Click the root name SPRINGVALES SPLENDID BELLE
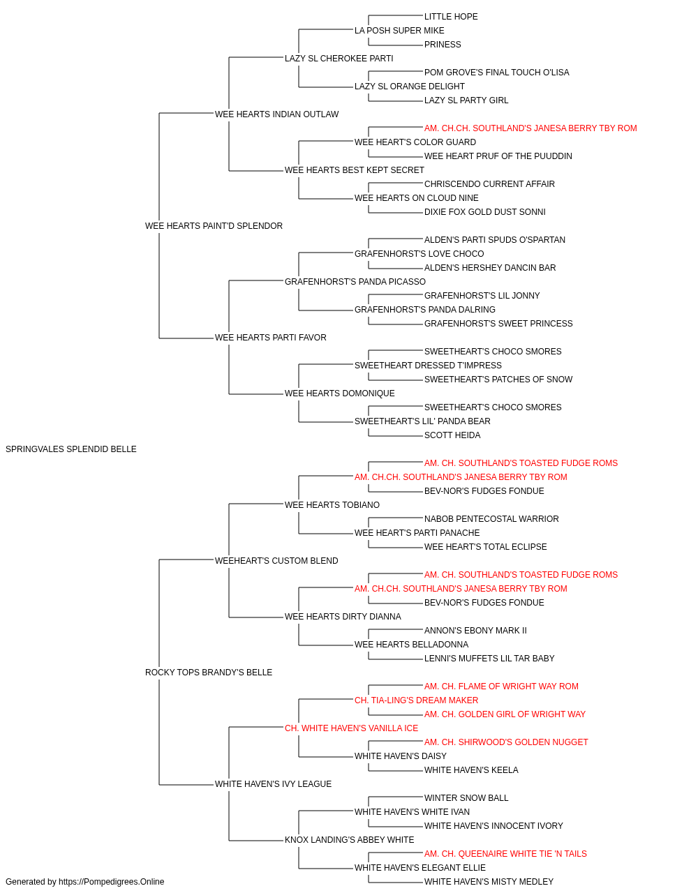(71, 449)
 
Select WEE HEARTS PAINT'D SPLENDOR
(214, 226)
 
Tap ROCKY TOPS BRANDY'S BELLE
(209, 673)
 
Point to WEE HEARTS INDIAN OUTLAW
(276, 114)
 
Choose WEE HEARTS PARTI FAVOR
(271, 338)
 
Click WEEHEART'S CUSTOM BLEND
(276, 560)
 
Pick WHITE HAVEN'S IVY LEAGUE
(273, 783)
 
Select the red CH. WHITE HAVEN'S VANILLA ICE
(351, 728)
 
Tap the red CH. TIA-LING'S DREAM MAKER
(416, 700)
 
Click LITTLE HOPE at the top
(451, 17)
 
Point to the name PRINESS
(443, 45)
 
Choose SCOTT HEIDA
(452, 435)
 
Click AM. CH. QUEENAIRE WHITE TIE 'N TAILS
(505, 853)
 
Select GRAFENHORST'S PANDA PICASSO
(355, 281)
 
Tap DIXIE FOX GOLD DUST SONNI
(484, 212)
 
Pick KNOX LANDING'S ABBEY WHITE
(350, 839)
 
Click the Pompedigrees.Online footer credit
(84, 882)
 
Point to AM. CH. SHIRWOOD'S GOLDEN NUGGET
(506, 742)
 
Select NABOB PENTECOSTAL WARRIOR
(491, 519)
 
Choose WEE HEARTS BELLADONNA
(412, 645)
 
